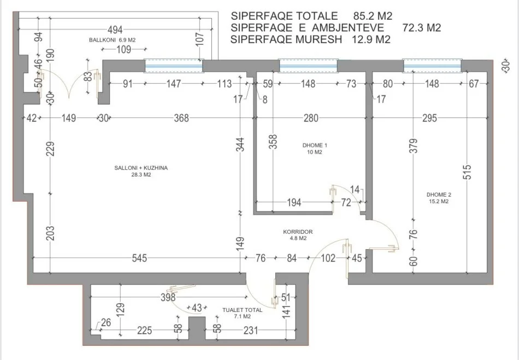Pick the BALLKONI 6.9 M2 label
pos(111,41)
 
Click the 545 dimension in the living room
pos(139,258)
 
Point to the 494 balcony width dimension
pos(115,29)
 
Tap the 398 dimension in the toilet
pos(168,297)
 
